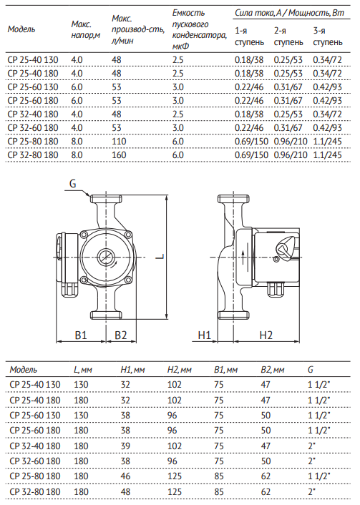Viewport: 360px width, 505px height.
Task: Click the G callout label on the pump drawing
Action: tap(72, 184)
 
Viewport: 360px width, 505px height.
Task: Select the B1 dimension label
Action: tap(81, 335)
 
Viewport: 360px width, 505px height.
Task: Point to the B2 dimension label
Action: tap(120, 335)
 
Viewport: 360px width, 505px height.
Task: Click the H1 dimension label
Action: tap(204, 335)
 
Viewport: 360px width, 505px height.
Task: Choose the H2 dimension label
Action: tap(266, 335)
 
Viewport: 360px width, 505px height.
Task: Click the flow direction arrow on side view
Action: tap(243, 256)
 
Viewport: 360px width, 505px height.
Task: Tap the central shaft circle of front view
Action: tap(106, 257)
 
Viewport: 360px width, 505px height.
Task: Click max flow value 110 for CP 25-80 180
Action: tap(119, 142)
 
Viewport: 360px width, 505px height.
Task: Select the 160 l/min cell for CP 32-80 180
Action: tap(119, 155)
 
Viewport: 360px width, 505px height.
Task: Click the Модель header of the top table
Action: tap(21, 29)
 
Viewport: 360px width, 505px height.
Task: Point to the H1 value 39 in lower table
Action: tap(125, 446)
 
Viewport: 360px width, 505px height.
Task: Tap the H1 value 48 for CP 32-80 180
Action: tap(125, 491)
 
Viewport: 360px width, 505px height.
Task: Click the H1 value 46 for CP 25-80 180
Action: tap(125, 476)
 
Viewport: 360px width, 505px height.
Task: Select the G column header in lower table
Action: tap(311, 369)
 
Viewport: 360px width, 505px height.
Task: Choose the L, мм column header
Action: tap(83, 369)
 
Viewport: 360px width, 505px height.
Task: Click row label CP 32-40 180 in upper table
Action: tap(33, 114)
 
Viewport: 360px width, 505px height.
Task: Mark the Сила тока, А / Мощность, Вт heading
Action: tap(289, 13)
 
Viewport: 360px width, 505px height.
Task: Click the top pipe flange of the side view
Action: tap(233, 199)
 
